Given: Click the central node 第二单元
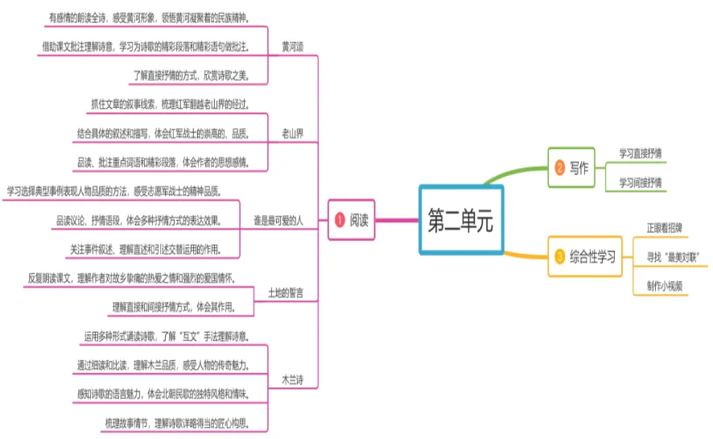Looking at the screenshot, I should click(460, 220).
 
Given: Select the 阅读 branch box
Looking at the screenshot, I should click(351, 220).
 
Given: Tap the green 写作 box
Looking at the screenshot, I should click(571, 168).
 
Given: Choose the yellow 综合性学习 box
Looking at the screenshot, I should click(584, 258).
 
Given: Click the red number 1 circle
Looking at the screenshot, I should click(339, 220).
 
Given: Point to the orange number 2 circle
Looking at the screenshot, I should click(559, 168).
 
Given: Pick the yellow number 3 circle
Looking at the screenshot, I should click(559, 258).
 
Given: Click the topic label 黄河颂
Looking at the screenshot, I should click(292, 46).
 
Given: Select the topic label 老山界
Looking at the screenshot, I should click(292, 132).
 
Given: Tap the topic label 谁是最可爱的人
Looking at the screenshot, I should click(278, 220).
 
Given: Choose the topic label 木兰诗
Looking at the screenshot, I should click(292, 379).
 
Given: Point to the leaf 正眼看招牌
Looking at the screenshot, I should click(667, 227).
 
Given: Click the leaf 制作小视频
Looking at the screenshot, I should click(665, 287).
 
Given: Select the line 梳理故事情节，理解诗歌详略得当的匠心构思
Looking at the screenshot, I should click(183, 423).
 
